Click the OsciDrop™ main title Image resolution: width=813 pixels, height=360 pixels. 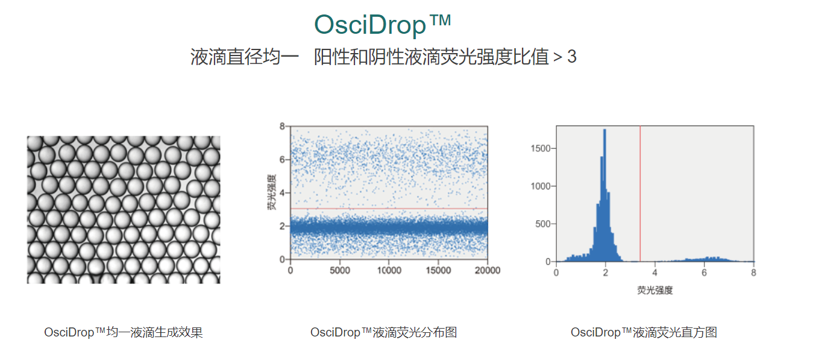(x=383, y=25)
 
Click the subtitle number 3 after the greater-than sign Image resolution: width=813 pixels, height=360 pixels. (x=572, y=57)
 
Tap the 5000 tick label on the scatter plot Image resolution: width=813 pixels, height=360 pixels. (x=340, y=271)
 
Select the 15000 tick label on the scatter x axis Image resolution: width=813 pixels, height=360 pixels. (x=438, y=271)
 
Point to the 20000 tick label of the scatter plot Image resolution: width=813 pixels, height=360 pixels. (x=488, y=271)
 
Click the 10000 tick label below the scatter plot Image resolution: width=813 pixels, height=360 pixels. (x=389, y=271)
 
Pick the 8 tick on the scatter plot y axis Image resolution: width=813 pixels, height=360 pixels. (x=282, y=127)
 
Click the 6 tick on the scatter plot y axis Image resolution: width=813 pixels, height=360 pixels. (x=282, y=159)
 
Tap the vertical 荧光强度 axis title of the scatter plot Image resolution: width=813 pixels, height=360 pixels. (x=271, y=192)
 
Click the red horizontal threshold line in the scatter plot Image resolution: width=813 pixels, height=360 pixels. (x=389, y=209)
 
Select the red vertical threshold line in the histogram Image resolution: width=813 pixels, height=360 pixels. (x=640, y=194)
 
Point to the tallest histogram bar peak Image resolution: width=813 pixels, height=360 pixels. (x=604, y=130)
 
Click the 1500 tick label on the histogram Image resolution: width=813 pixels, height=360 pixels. (x=541, y=148)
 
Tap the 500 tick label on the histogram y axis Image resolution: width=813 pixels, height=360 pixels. (x=542, y=224)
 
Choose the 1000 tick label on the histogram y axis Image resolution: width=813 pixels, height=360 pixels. (x=541, y=186)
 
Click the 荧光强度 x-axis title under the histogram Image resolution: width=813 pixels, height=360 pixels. (x=655, y=290)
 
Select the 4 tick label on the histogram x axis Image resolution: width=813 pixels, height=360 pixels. (x=654, y=273)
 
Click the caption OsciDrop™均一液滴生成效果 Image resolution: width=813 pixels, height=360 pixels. (x=124, y=332)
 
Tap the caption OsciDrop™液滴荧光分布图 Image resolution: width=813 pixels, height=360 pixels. (x=384, y=332)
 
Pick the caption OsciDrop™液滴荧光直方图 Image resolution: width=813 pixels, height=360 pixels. (x=644, y=332)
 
